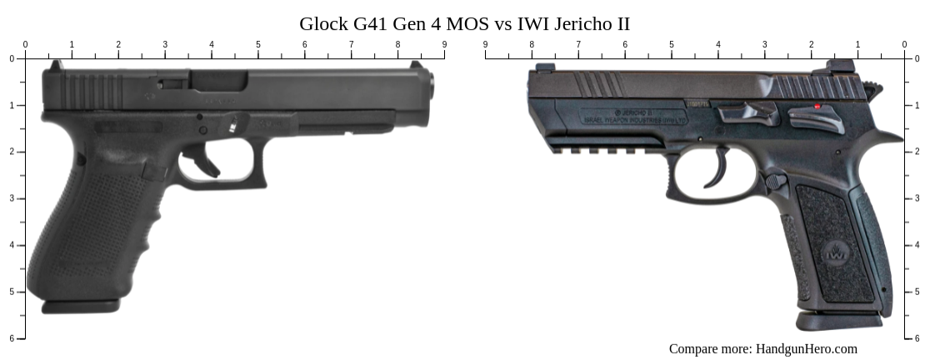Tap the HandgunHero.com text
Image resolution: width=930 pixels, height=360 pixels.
coord(806,349)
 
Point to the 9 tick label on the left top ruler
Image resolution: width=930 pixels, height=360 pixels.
coord(444,45)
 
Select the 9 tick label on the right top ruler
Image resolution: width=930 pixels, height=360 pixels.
coord(485,45)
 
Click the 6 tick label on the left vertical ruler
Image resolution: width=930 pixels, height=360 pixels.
coord(11,338)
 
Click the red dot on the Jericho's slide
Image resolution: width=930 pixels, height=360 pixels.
coord(817,107)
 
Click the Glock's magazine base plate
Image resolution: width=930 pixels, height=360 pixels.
coord(80,307)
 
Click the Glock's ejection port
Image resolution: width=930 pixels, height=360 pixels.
coord(218,81)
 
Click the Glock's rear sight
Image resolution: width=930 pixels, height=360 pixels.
coord(55,65)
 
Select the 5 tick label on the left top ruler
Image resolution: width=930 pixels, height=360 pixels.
coord(257,45)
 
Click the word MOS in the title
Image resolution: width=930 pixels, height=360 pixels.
coord(468,24)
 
